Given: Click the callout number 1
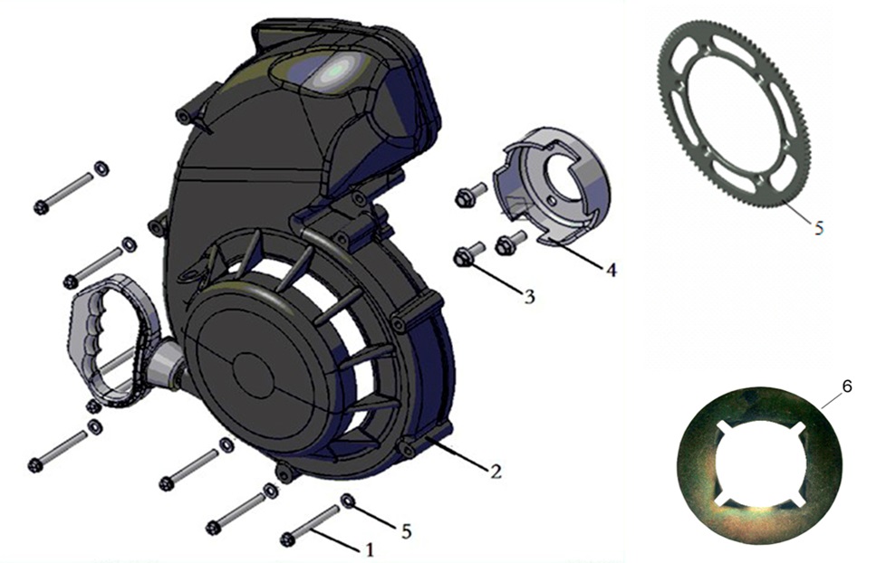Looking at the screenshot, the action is click(370, 549).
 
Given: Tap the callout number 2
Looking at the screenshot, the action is click(495, 471).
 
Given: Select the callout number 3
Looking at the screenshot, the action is click(529, 297).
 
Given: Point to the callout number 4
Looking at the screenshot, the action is click(611, 270).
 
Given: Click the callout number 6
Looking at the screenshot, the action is click(846, 386).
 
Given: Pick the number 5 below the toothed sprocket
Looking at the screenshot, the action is click(819, 227).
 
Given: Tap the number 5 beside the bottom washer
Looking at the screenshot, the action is click(406, 531).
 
